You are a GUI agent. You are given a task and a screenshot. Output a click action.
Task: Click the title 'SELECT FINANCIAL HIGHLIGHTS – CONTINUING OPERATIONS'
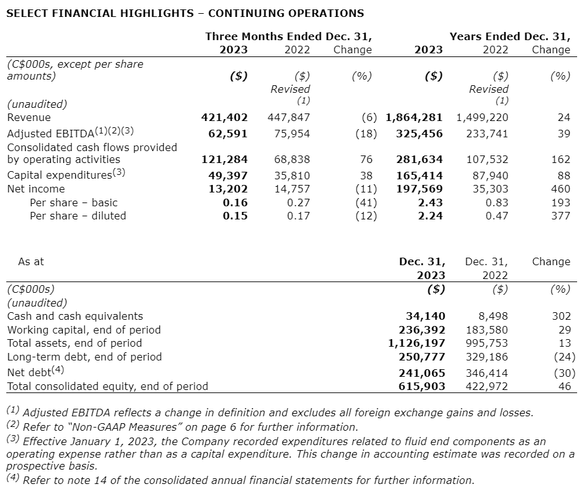tap(184, 13)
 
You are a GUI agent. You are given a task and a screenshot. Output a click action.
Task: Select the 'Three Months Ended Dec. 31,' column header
tap(289, 36)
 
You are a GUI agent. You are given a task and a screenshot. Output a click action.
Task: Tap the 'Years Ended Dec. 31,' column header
tap(509, 36)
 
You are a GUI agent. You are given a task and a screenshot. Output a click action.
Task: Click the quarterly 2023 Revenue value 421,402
tap(224, 117)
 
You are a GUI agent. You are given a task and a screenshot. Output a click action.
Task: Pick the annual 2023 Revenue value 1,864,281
tap(414, 117)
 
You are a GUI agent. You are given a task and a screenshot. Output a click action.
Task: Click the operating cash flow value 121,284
tap(224, 160)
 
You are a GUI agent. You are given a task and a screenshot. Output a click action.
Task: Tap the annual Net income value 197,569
tap(421, 189)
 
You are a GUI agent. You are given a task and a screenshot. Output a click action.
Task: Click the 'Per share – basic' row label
tap(73, 202)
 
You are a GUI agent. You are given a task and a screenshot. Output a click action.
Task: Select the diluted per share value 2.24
tap(431, 216)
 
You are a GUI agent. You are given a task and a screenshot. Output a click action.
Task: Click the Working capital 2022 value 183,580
tap(487, 330)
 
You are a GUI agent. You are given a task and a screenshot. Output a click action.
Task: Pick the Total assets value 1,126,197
tap(417, 343)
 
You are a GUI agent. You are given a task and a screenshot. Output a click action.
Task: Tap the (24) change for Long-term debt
tap(563, 357)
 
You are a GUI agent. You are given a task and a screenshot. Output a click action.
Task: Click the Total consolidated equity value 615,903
tap(422, 386)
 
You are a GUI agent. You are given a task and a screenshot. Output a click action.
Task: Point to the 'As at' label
tap(31, 261)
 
